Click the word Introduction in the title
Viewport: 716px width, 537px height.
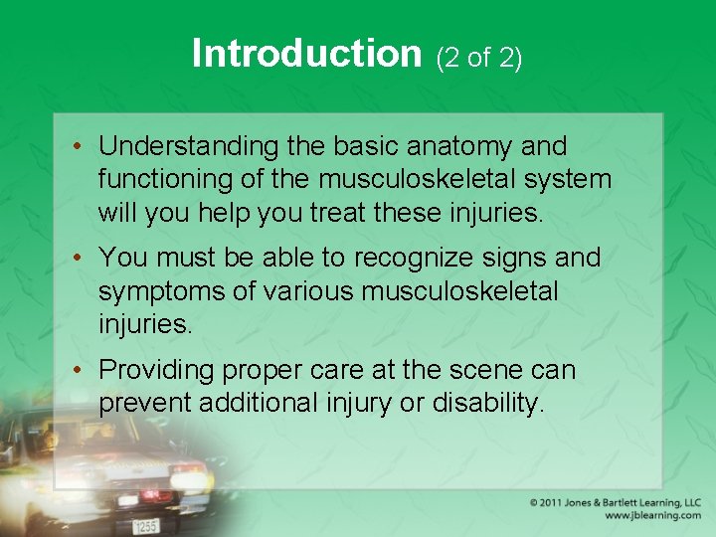coord(307,54)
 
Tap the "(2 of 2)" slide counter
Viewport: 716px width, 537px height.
coord(478,58)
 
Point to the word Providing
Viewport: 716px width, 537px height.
coord(156,370)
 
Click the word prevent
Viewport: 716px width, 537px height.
coord(147,403)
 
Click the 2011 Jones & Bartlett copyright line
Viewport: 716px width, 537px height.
coord(616,503)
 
